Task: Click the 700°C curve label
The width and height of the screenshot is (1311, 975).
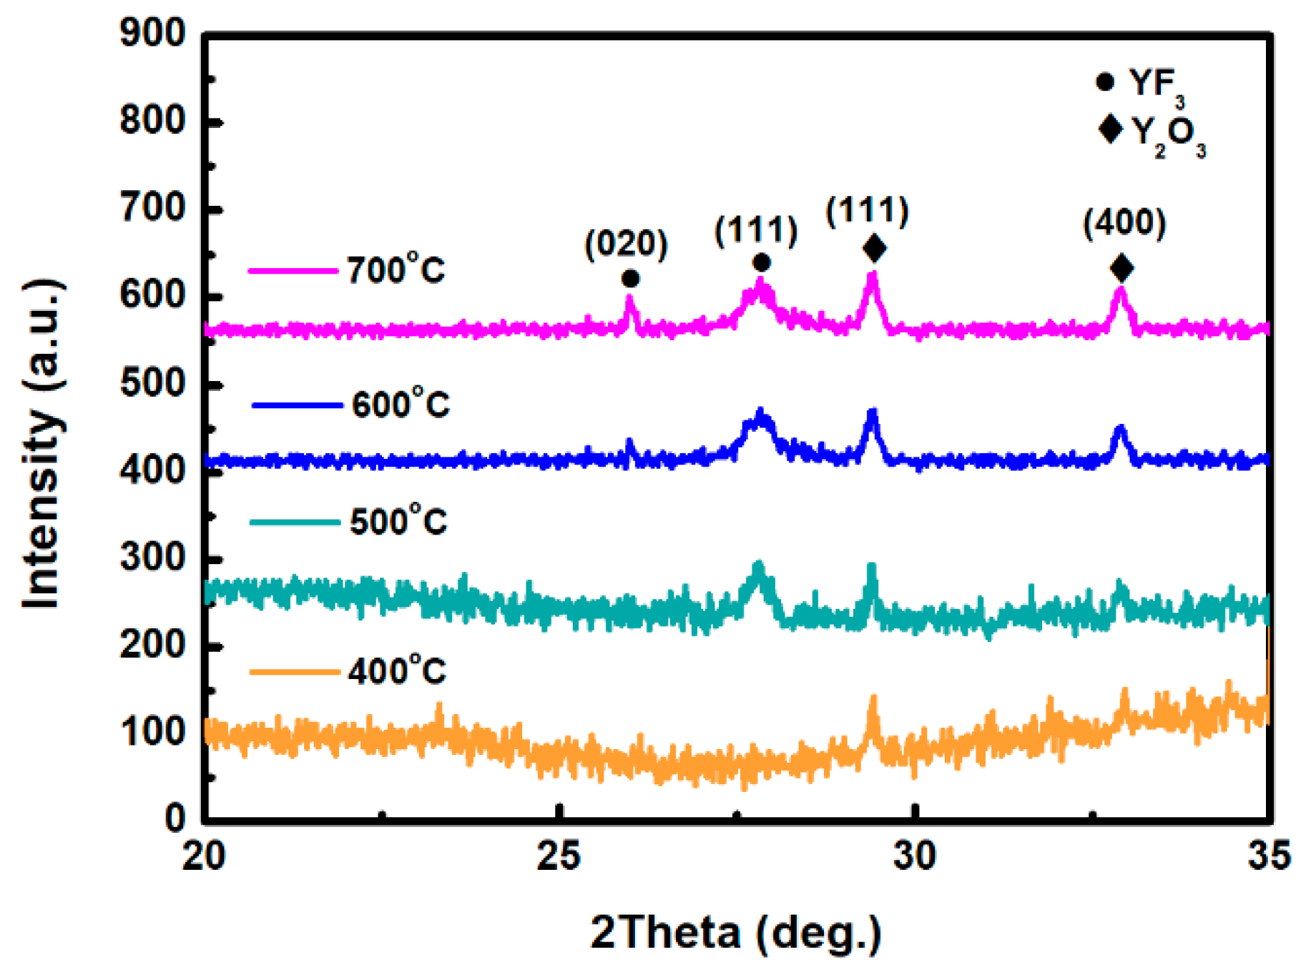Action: [x=396, y=270]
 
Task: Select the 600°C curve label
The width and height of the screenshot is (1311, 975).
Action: [x=401, y=405]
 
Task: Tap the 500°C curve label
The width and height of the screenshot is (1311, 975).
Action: [x=398, y=521]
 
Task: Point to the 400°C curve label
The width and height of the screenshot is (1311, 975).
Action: [x=397, y=671]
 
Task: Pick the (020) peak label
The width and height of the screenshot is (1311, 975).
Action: [x=626, y=244]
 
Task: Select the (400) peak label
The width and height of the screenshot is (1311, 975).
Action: [x=1124, y=222]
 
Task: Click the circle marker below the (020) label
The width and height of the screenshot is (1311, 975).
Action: [x=630, y=278]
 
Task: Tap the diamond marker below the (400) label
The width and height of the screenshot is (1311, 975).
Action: [x=1121, y=268]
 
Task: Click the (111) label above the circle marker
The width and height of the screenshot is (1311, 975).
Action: [x=756, y=230]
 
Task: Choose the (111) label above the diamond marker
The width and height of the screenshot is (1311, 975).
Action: [x=867, y=211]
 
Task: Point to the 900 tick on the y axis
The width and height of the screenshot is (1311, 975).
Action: [x=152, y=34]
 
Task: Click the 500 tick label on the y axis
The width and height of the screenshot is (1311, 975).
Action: [x=152, y=384]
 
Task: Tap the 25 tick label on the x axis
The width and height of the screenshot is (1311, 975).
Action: [x=559, y=856]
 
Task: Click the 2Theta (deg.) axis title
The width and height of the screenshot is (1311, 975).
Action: [x=735, y=932]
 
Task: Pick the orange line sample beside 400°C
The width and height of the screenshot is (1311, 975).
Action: [x=294, y=672]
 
